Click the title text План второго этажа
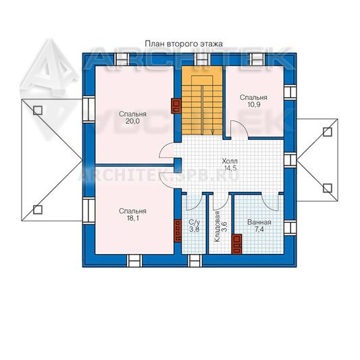pos(184,44)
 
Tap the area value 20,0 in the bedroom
pos(132,121)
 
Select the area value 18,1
pos(132,218)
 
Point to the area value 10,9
pos(254,105)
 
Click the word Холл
pos(230,161)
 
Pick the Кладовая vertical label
pos(217,227)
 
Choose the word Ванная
pos(259,222)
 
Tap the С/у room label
pos(195,222)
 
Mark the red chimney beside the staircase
pos(176,106)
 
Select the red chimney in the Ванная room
pos(236,244)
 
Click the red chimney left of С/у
pos(178,231)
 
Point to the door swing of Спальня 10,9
pos(239,130)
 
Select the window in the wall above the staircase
pos(202,59)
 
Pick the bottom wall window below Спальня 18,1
pos(135,261)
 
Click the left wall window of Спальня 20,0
pos(88,109)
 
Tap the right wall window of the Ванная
pos(290,228)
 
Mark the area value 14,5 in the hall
pos(230,168)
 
